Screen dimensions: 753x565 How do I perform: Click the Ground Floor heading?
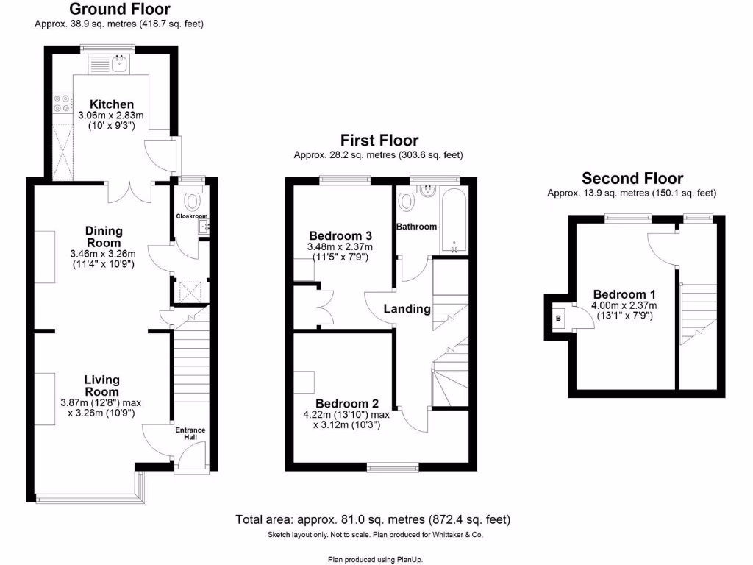(x=119, y=10)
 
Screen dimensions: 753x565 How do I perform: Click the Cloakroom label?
(x=192, y=216)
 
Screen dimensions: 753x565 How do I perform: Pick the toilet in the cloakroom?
(x=193, y=199)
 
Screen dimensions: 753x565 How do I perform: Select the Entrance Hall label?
(x=190, y=433)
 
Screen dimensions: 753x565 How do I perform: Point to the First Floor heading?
(x=379, y=141)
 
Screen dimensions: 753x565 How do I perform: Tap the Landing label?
(x=407, y=309)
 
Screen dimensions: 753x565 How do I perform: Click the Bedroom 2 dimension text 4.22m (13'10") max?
(x=347, y=415)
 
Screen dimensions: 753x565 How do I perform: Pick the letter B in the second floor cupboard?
(x=558, y=318)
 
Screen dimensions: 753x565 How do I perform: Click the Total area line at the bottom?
(x=373, y=519)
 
